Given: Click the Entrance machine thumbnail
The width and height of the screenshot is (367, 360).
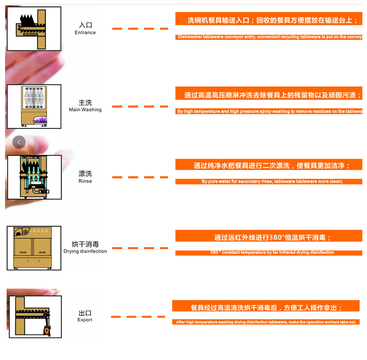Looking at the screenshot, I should coord(34,28).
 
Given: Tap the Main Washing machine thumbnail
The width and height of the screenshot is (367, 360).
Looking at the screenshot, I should coord(34,106).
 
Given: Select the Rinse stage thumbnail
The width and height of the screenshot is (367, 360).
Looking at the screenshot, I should coord(34,177).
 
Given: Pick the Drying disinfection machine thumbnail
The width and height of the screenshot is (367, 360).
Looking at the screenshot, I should coord(34,248).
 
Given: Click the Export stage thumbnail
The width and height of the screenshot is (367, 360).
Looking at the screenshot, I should coord(35,316).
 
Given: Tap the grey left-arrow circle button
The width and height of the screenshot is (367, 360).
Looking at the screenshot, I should coord(19,142).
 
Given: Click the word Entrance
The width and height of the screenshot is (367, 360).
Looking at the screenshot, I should coord(85,33).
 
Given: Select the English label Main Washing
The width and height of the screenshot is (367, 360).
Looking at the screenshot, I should coord(85,110).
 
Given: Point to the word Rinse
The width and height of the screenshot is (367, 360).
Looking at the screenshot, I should coord(85,181).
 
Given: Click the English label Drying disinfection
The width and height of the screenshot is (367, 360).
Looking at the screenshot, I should coord(85,252).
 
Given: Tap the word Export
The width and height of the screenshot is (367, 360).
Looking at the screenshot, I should coord(85,320).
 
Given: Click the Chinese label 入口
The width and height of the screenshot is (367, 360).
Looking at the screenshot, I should coord(85,25).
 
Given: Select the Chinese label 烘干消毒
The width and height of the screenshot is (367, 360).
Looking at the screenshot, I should coord(85,245).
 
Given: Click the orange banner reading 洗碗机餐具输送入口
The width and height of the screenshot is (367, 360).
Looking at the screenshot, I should coord(269,20).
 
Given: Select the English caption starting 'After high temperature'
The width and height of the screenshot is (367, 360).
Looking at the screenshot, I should coord(266,322).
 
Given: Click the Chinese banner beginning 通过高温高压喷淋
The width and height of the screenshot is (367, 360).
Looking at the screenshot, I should coord(269,95).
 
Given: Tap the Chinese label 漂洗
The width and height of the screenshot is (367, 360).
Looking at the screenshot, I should coord(85,174).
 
